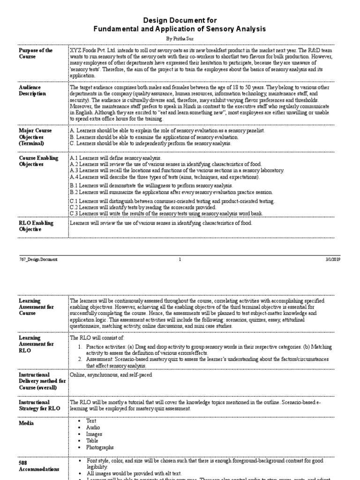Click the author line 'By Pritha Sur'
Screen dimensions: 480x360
(x=180, y=38)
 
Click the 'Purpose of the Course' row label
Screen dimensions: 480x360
(x=36, y=53)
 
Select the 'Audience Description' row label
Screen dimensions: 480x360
(x=33, y=90)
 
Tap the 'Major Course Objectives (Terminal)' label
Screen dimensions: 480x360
(x=36, y=136)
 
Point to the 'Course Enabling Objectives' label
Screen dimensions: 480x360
(x=38, y=161)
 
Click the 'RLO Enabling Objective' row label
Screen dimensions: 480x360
(x=36, y=226)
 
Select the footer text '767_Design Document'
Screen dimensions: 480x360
(x=38, y=259)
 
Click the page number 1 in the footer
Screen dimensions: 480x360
(x=180, y=259)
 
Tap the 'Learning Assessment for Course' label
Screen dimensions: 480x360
(x=36, y=307)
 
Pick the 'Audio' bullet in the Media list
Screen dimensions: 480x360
(x=93, y=427)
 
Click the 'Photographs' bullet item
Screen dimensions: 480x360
(x=100, y=448)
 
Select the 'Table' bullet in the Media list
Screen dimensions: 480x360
(x=92, y=441)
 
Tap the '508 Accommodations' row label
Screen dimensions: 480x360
(x=38, y=465)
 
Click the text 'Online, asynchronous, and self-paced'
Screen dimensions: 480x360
(x=111, y=375)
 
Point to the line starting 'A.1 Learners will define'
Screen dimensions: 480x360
(x=115, y=158)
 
